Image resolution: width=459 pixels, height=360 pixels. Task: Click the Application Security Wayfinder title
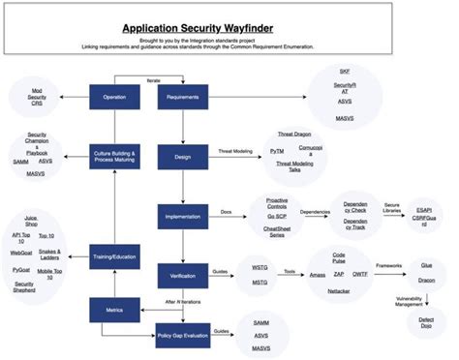pos(229,30)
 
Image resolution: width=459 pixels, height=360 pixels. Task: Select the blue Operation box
pos(114,97)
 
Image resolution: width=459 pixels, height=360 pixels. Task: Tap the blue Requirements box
pos(184,97)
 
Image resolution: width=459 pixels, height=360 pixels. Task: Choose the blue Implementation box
pos(184,218)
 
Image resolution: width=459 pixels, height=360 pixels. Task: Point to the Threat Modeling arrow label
pos(235,151)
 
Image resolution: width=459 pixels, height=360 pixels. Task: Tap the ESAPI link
pos(423,209)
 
